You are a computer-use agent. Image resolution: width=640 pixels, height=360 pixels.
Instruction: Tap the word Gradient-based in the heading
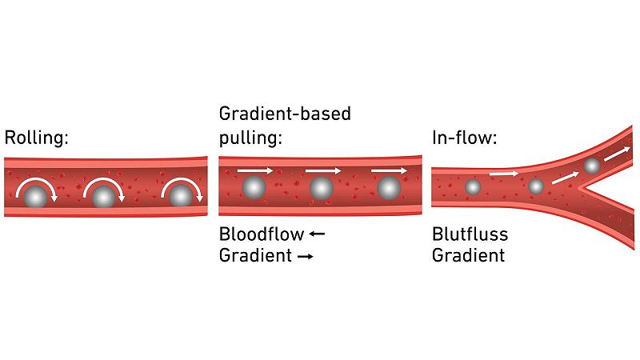click(x=285, y=114)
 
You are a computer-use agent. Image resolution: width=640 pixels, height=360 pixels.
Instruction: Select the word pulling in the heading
click(x=250, y=137)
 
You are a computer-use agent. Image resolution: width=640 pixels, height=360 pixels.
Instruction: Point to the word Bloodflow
click(x=261, y=234)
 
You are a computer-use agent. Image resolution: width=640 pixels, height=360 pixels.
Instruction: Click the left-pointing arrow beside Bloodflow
click(x=317, y=234)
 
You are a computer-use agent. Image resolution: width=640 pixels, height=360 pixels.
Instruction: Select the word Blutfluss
click(x=470, y=234)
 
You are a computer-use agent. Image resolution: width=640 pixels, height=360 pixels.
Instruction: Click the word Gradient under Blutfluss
click(x=468, y=256)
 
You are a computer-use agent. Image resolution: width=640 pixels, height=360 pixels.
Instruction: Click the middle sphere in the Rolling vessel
click(x=102, y=196)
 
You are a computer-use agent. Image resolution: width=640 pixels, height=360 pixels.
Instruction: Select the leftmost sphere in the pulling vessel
click(x=254, y=187)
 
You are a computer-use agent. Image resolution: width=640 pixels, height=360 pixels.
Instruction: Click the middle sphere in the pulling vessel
click(x=321, y=187)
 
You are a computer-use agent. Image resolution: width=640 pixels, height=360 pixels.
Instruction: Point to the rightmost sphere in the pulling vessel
click(x=389, y=187)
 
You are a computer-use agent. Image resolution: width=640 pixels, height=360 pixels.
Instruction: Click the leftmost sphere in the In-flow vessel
click(x=473, y=186)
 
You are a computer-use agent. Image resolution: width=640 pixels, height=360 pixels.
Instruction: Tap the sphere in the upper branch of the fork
click(x=591, y=166)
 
